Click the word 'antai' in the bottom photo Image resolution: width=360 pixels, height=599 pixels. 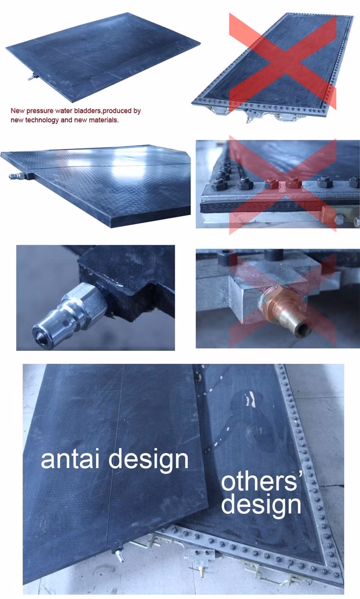[70, 458]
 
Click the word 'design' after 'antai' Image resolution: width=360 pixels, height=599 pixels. [148, 460]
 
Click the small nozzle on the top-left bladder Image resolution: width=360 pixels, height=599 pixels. [33, 78]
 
